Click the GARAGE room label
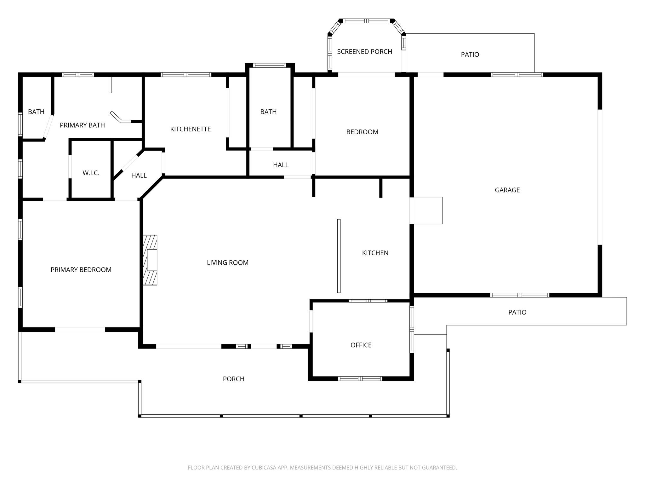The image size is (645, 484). tap(507, 190)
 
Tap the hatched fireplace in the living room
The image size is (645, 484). tap(150, 260)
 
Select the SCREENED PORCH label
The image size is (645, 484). tap(364, 52)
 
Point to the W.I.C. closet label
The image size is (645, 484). tap(91, 173)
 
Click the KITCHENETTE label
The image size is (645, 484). tap(190, 129)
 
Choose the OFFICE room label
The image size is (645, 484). tap(361, 345)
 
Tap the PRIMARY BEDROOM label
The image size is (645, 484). tap(81, 270)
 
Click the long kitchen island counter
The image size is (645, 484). tap(339, 256)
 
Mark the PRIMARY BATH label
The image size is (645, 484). tap(82, 125)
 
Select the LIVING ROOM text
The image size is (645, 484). tap(227, 263)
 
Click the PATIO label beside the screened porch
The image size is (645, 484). tap(470, 55)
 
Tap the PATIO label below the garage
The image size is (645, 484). tap(517, 312)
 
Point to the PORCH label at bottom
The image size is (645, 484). tap(233, 379)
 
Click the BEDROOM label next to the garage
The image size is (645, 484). tap(362, 132)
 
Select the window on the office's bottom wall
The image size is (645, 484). tap(360, 378)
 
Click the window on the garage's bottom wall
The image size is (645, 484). tap(520, 295)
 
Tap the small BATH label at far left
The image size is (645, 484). tap(36, 112)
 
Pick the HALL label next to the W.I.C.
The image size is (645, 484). tap(139, 176)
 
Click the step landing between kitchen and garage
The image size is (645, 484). tap(427, 210)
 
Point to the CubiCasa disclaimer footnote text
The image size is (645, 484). tap(322, 468)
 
